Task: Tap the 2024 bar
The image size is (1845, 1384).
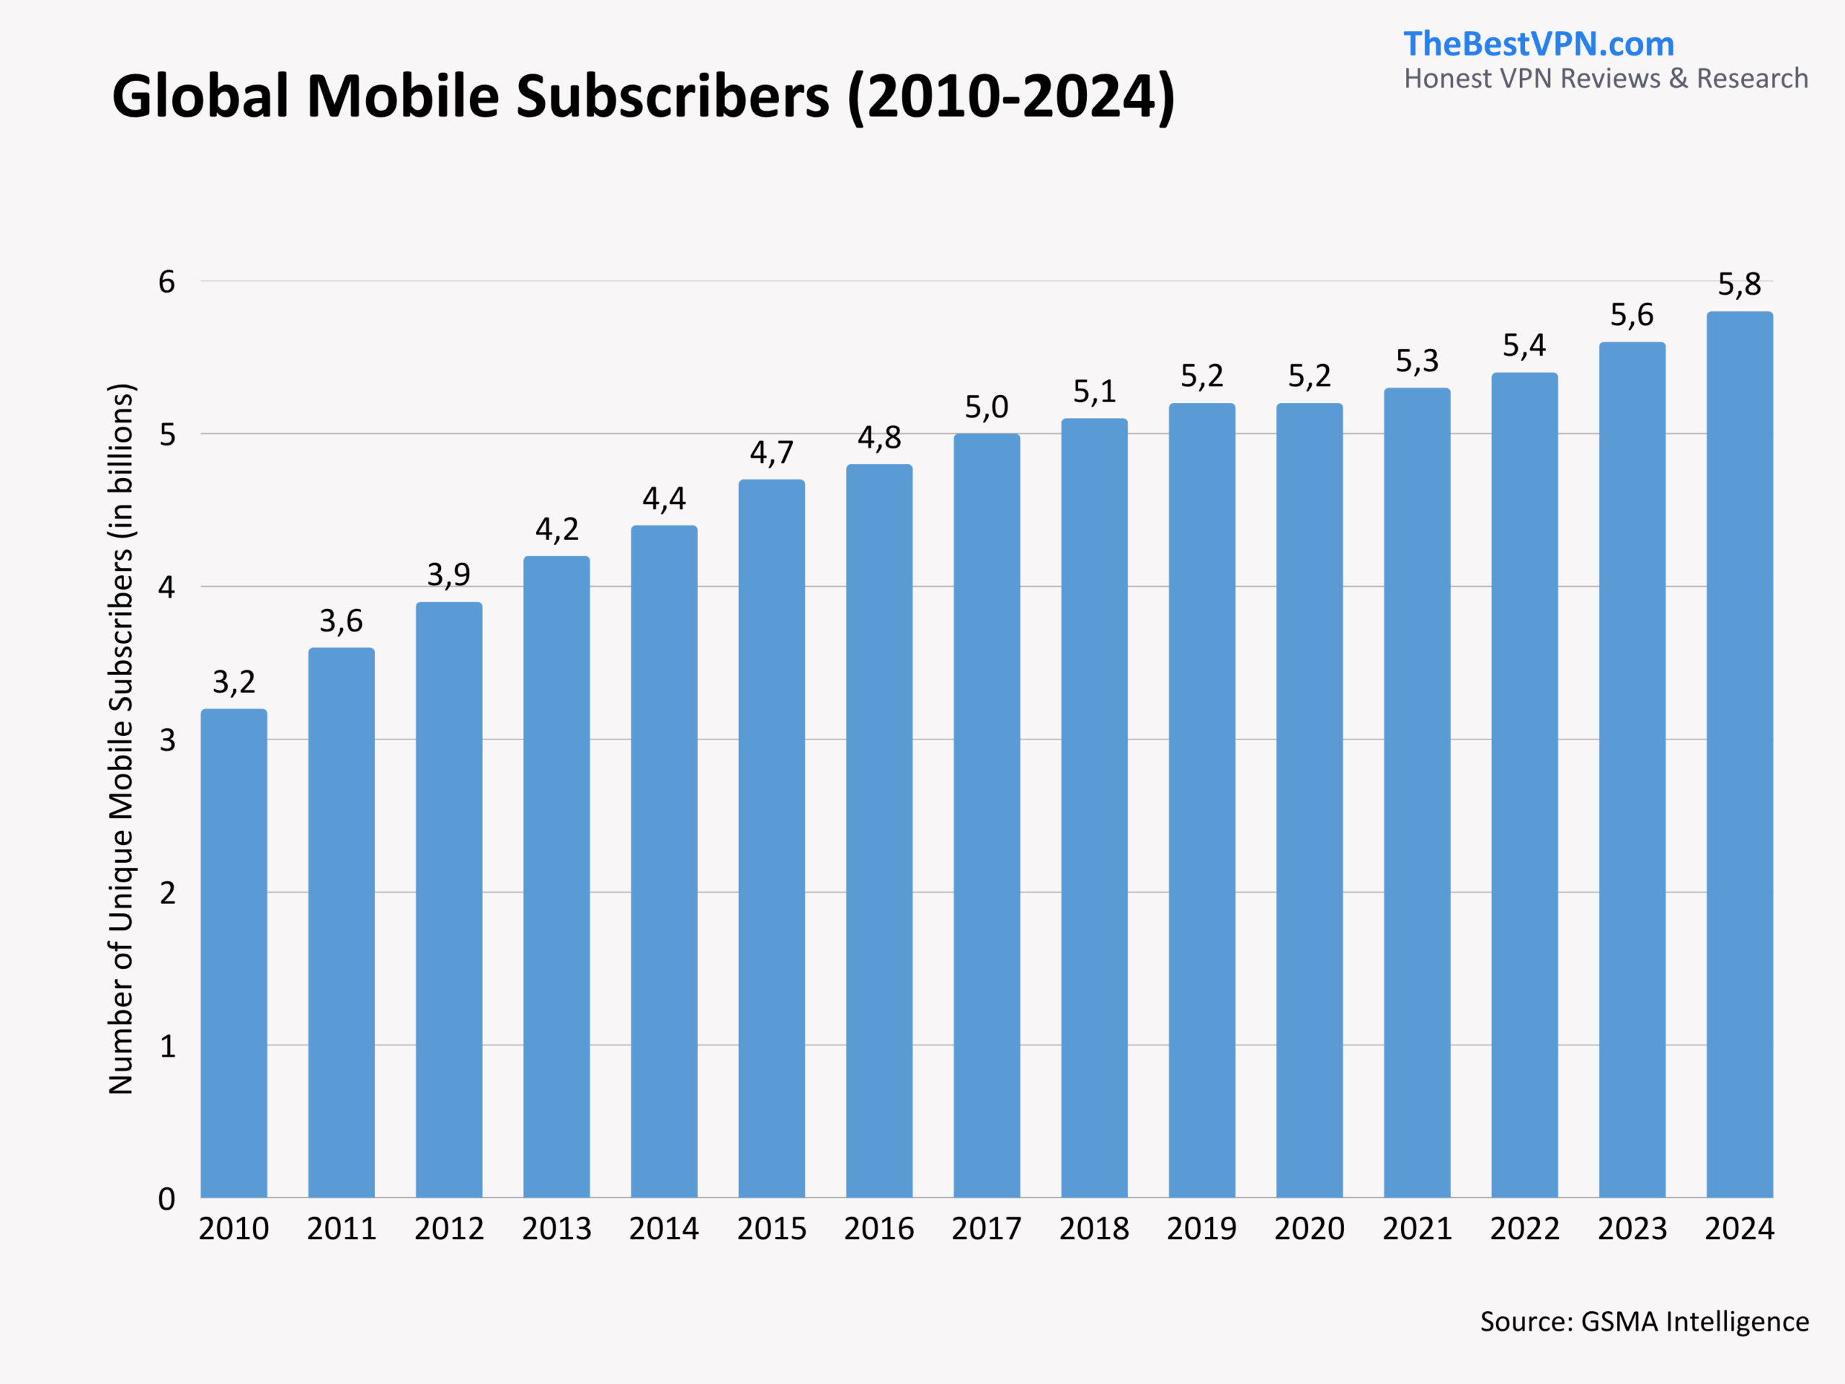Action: point(1739,754)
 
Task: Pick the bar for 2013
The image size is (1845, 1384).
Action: point(556,876)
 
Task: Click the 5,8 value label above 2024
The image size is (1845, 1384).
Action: point(1739,285)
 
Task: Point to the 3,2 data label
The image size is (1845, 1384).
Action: point(234,683)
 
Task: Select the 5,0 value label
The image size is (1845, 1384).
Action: point(987,407)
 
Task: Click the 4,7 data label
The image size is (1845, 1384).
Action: point(772,453)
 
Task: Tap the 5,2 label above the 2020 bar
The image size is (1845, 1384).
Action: point(1309,376)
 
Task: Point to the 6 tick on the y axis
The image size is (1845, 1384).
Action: point(166,282)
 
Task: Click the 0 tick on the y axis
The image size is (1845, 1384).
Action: point(166,1199)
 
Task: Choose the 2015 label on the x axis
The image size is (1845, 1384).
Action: point(772,1229)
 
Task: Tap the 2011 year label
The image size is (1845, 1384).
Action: point(341,1229)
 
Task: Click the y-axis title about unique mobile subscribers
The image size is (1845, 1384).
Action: point(122,738)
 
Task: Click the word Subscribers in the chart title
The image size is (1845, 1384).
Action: point(672,97)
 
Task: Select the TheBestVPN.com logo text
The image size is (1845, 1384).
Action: point(1538,44)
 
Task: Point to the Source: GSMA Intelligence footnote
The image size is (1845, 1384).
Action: point(1644,1321)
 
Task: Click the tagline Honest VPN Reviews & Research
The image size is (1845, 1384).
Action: point(1606,79)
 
